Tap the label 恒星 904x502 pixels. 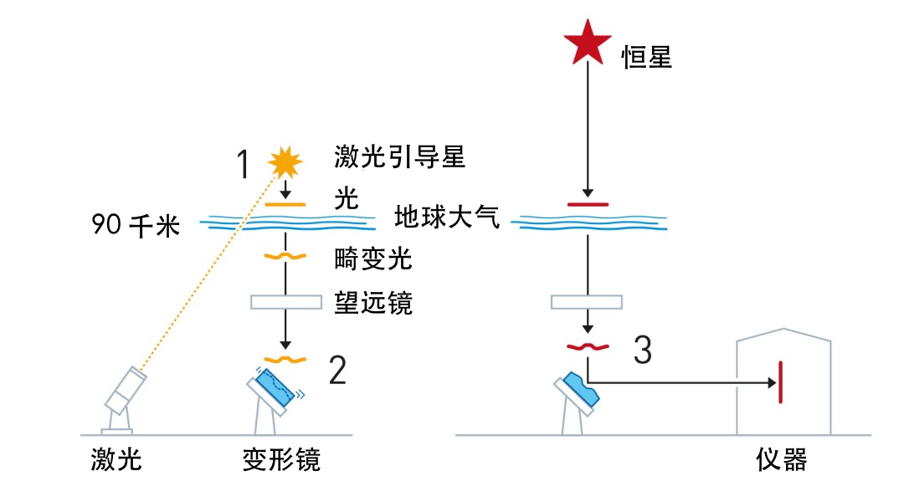646,58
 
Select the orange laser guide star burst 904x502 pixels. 285,161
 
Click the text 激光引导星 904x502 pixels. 399,156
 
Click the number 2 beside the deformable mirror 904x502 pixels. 336,370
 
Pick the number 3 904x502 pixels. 642,351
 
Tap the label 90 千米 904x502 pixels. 136,225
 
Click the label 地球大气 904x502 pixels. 447,219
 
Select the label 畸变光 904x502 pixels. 373,259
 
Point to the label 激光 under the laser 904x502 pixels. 116,458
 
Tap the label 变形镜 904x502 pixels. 281,459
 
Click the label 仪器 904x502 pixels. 782,459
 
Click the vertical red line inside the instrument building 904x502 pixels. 781,382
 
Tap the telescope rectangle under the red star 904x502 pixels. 587,301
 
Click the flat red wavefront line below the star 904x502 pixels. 588,203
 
